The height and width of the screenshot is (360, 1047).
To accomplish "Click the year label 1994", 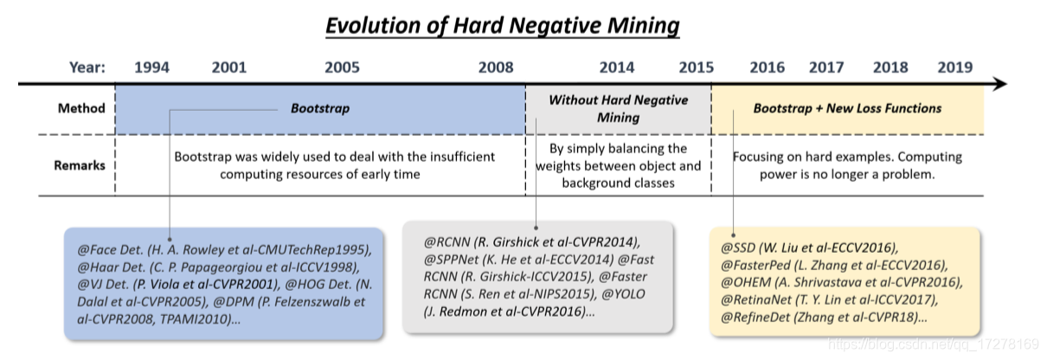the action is [x=152, y=67].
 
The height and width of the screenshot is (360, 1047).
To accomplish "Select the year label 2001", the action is [x=229, y=67].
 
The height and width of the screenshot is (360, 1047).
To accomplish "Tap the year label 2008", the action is [x=496, y=67].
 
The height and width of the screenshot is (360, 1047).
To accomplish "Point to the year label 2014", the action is [x=617, y=67].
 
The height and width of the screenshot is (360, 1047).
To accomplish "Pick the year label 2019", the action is [x=955, y=67].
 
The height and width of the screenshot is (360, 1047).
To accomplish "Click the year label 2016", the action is [x=767, y=67].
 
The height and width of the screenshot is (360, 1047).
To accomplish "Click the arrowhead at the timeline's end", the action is [x=1000, y=84].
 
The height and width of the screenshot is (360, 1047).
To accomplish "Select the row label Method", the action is [x=81, y=108].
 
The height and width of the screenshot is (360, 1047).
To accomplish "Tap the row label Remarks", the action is [x=80, y=165].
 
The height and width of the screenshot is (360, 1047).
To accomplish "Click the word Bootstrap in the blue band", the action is [x=320, y=108].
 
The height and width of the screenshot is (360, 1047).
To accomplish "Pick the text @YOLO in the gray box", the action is [x=623, y=294].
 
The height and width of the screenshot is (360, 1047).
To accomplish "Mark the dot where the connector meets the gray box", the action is [x=536, y=228].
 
